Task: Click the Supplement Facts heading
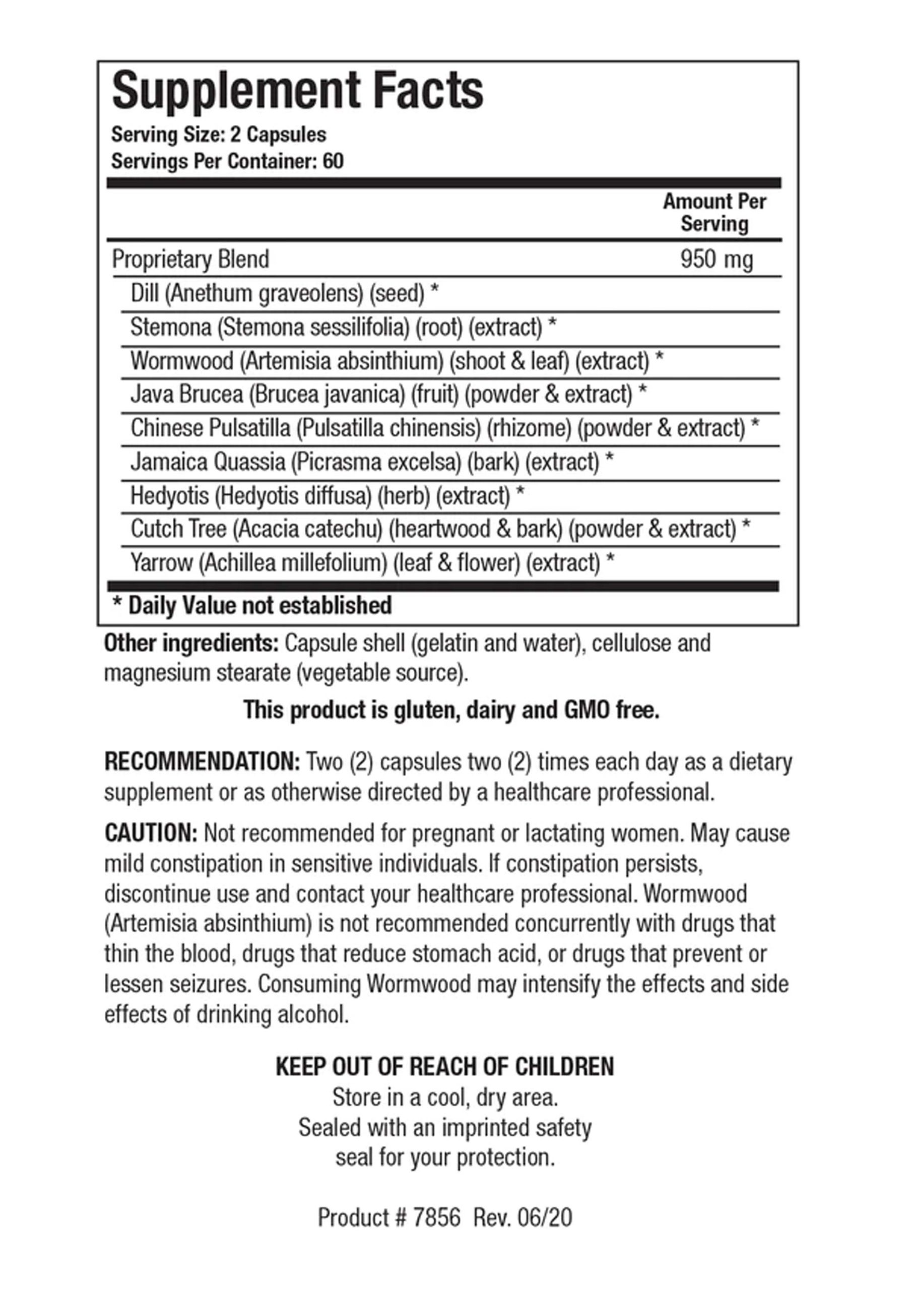click(297, 91)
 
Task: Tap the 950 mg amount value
click(716, 260)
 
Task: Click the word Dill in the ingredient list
click(145, 293)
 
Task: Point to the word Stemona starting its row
click(171, 327)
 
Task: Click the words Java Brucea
click(186, 395)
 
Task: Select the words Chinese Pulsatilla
click(210, 428)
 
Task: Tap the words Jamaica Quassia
click(208, 462)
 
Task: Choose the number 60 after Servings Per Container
click(333, 162)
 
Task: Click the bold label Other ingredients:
click(191, 643)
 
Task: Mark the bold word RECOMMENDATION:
click(202, 762)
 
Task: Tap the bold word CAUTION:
click(151, 833)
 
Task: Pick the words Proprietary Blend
click(190, 260)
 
